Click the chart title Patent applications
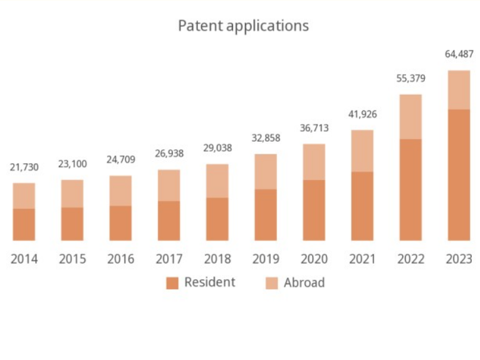point(243,26)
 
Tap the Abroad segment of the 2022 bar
point(410,117)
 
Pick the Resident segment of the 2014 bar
point(24,225)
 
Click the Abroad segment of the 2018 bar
point(217,181)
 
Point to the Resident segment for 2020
point(314,210)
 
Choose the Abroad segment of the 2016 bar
point(120,191)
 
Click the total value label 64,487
point(459,55)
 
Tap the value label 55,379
point(410,78)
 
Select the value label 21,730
point(24,167)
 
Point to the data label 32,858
point(266,138)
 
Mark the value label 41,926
point(362,114)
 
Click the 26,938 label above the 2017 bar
point(169,154)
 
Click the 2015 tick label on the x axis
point(73,258)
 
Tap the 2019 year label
point(266,258)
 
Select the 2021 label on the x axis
point(362,258)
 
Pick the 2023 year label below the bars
point(459,258)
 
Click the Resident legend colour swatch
point(172,283)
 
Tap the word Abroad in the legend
point(304,283)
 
